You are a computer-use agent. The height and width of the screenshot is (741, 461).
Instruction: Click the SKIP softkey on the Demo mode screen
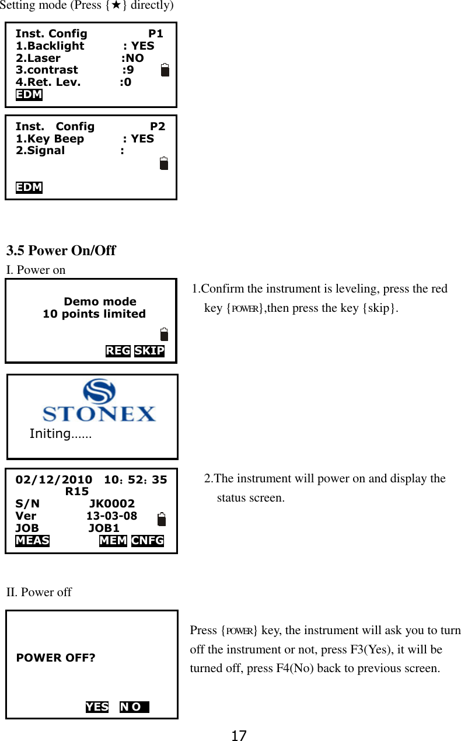[149, 351]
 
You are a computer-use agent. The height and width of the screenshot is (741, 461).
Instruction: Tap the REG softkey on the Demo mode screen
[118, 351]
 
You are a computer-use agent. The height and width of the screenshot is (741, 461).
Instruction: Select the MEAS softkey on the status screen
[32, 541]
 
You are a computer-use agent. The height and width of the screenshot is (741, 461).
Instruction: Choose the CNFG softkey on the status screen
[148, 541]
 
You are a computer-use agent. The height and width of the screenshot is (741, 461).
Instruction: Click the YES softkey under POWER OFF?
[97, 707]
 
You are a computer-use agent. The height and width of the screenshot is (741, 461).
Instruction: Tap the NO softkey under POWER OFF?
[134, 707]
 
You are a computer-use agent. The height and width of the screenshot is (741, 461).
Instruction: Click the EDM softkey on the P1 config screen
[29, 95]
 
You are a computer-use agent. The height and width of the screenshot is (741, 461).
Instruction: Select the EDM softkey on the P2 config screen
[29, 187]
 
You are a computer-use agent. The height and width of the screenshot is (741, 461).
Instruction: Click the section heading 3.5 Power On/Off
[61, 251]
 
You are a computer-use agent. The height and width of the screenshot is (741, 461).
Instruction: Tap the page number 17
[238, 736]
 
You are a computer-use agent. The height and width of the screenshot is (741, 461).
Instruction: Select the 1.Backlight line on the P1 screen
[85, 46]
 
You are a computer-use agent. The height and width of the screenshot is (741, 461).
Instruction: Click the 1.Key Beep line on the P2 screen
[85, 138]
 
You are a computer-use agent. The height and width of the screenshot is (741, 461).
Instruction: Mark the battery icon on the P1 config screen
[165, 70]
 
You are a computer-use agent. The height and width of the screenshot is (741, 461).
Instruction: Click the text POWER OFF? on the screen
[55, 658]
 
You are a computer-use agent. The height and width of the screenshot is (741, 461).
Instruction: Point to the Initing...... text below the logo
[60, 434]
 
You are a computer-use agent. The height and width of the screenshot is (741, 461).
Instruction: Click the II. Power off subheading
[39, 592]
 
